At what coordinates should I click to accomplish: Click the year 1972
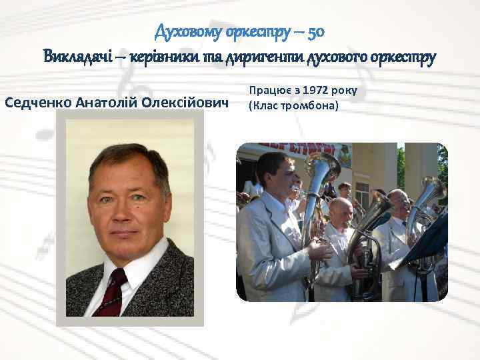[319, 90]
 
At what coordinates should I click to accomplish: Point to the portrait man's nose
[123, 215]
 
